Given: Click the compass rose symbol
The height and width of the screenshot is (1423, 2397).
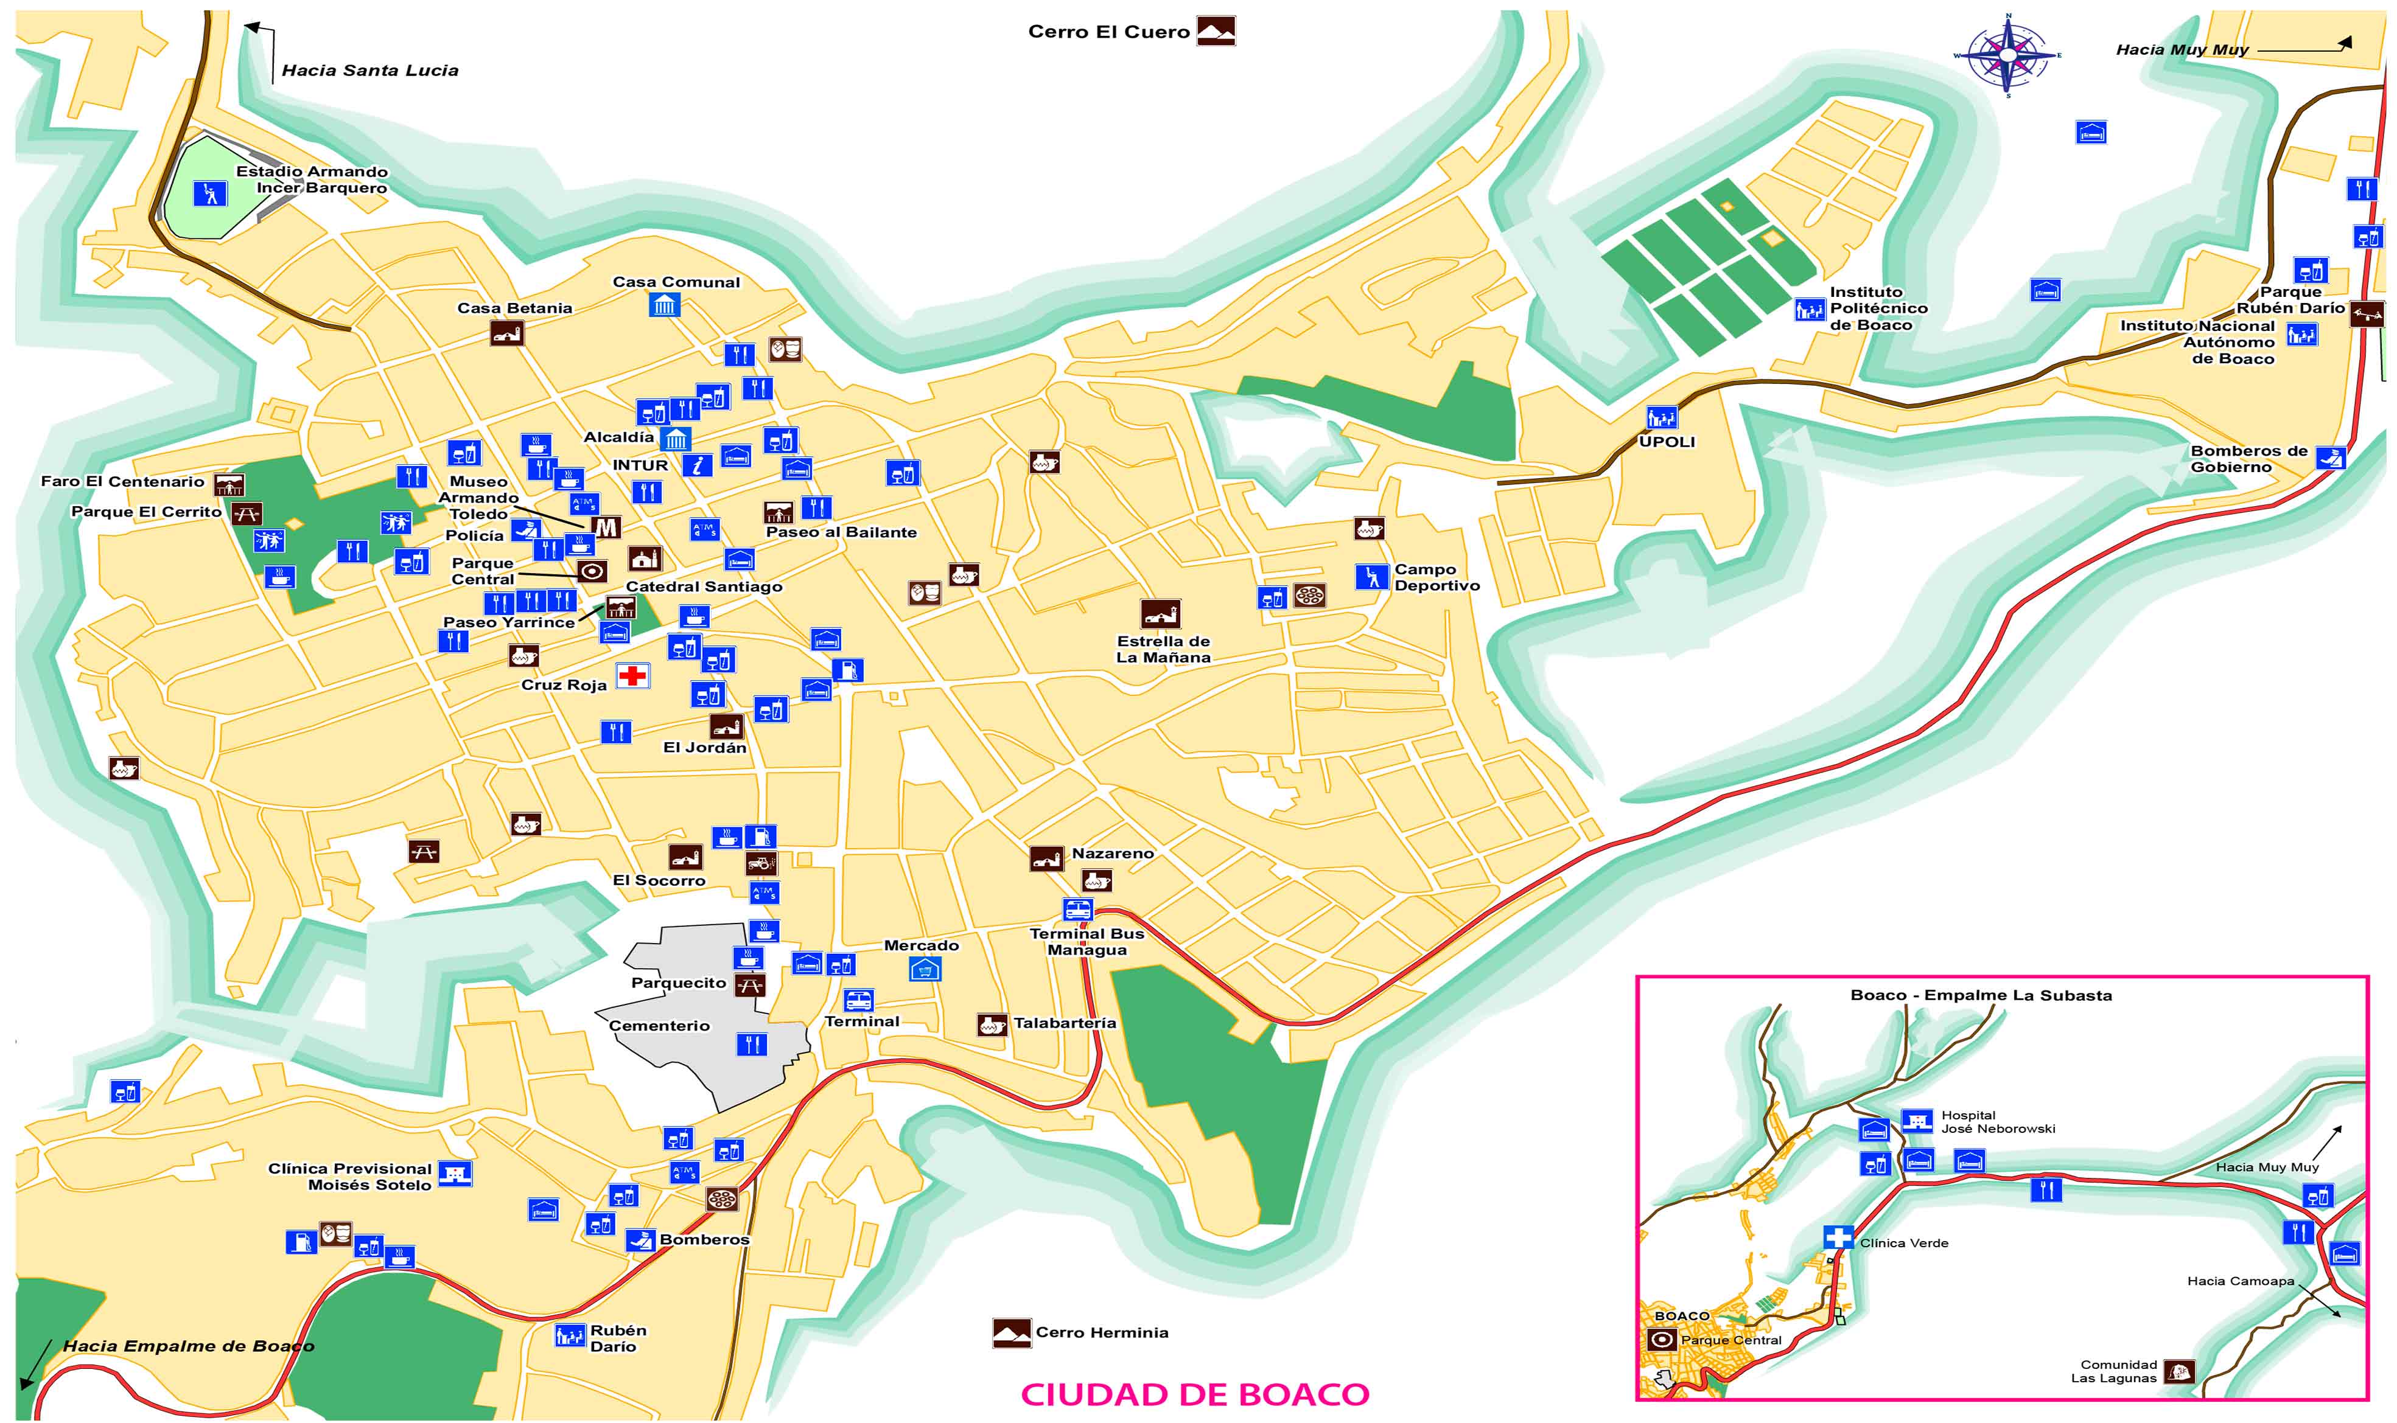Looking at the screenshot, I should pyautogui.click(x=2007, y=55).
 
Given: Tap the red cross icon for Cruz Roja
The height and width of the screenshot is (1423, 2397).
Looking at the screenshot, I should pyautogui.click(x=632, y=676).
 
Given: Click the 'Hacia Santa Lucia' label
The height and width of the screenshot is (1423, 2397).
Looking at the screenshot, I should pyautogui.click(x=369, y=70).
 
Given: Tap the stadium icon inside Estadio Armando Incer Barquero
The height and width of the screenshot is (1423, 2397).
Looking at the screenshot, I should pyautogui.click(x=209, y=193).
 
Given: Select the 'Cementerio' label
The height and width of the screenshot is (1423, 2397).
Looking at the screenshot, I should pyautogui.click(x=659, y=1026).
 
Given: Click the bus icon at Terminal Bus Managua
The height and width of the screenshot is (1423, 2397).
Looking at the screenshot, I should pyautogui.click(x=1077, y=909).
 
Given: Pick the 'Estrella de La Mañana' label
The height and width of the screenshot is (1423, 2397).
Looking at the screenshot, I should pyautogui.click(x=1163, y=649).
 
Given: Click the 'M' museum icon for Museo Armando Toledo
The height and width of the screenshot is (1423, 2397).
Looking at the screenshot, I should pyautogui.click(x=605, y=526).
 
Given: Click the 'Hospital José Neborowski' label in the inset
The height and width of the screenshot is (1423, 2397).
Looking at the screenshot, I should pyautogui.click(x=1997, y=1122).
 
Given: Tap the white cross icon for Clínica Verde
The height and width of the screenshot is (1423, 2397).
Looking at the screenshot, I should pyautogui.click(x=1838, y=1237).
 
